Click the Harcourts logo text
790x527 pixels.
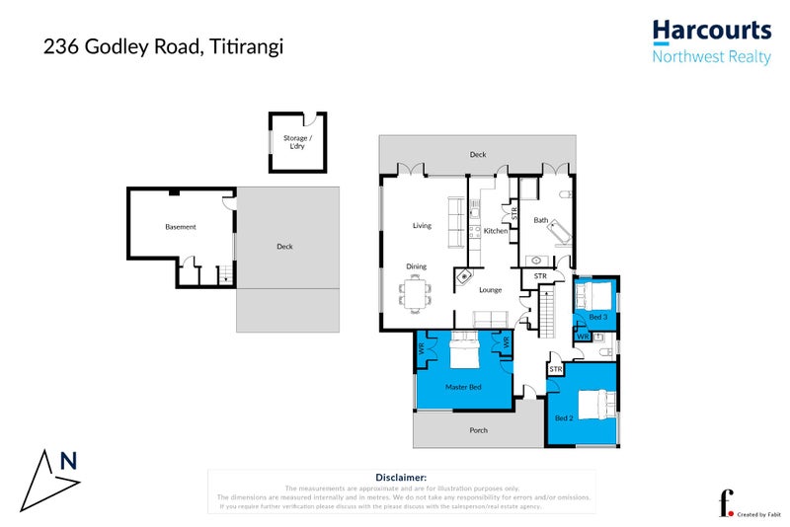click(711, 32)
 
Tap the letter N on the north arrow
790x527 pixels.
click(68, 459)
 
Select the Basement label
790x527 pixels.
click(180, 227)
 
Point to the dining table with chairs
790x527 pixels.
click(416, 291)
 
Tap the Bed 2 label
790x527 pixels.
click(564, 418)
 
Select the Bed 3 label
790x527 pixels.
click(597, 317)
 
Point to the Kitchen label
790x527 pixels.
click(495, 231)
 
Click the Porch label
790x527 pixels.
click(478, 429)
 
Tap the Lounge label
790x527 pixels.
click(491, 290)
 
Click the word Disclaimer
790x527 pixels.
click(401, 477)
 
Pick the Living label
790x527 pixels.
click(422, 226)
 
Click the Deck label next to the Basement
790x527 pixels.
click(284, 247)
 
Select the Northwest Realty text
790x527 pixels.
click(711, 57)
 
